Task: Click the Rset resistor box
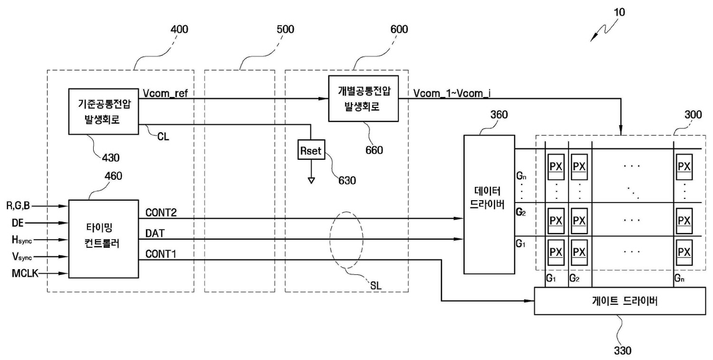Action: (x=311, y=150)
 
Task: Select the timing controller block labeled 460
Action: (x=103, y=239)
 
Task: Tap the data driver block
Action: (x=489, y=204)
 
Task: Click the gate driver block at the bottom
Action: (x=620, y=301)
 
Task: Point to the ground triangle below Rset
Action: (x=311, y=181)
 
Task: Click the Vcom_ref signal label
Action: (x=165, y=93)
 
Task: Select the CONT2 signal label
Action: (x=161, y=213)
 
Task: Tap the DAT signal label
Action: (x=155, y=233)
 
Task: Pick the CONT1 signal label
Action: (x=161, y=254)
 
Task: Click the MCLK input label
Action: (x=25, y=273)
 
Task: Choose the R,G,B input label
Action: (x=18, y=206)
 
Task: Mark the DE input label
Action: (x=17, y=223)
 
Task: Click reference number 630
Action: (x=347, y=181)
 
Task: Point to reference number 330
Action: (x=623, y=350)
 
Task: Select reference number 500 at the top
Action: (x=285, y=29)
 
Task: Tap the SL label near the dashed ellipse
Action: (x=375, y=285)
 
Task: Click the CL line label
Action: (x=163, y=136)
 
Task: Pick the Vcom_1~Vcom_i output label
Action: (x=452, y=93)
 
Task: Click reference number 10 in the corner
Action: (x=619, y=12)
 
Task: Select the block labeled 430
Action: (x=103, y=112)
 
